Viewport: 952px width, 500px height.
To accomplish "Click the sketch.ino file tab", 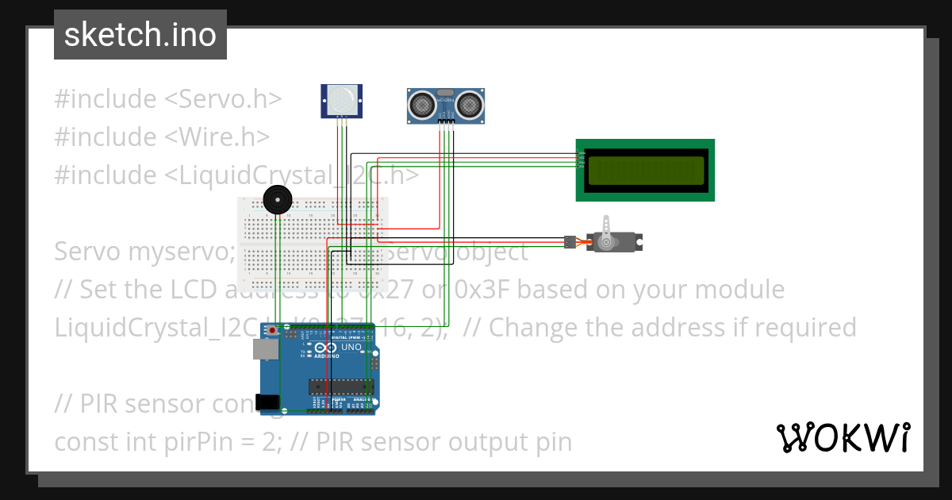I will coord(140,35).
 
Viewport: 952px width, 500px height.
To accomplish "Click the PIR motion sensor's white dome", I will coord(341,99).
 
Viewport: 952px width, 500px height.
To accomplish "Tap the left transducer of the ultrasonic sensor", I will coord(421,102).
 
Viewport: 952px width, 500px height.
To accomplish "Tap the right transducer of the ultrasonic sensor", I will coord(470,102).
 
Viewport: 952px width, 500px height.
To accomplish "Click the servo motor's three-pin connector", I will coord(569,240).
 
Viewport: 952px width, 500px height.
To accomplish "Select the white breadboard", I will coord(313,246).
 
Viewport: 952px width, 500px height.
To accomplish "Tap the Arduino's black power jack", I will coord(267,402).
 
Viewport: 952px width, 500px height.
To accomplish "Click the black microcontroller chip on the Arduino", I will coord(341,387).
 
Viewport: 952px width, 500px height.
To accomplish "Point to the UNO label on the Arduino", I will coord(351,348).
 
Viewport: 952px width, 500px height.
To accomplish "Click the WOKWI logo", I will coord(843,437).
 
